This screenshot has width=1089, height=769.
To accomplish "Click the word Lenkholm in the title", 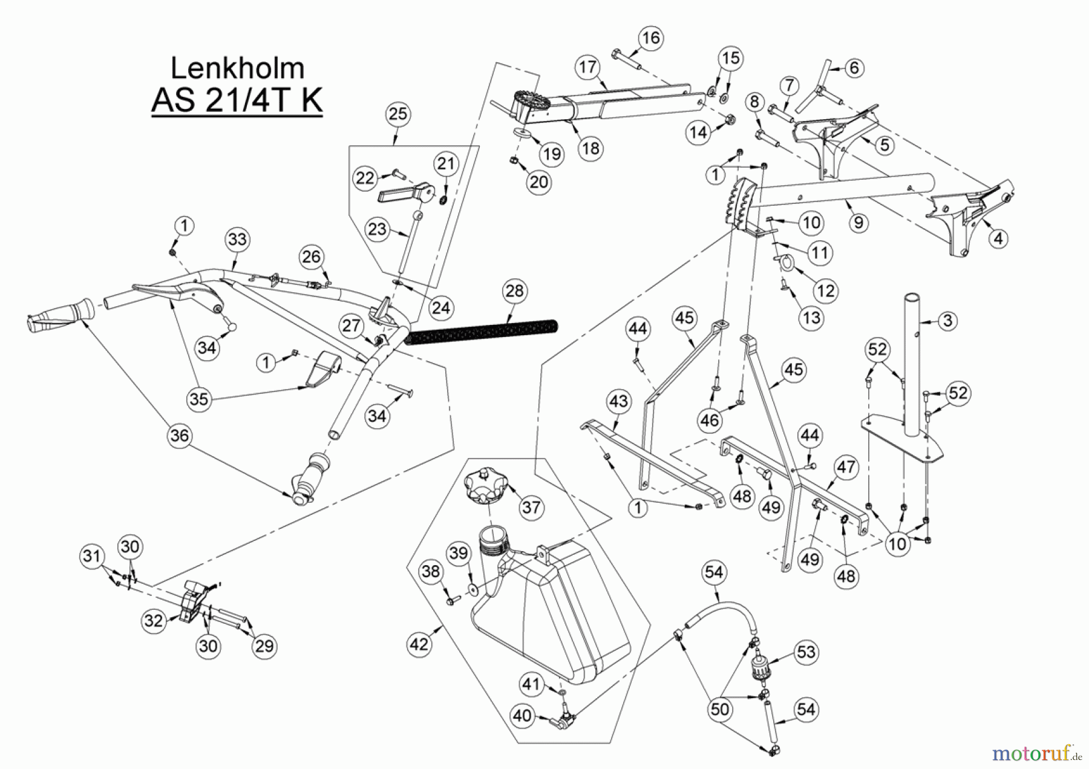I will (x=237, y=68).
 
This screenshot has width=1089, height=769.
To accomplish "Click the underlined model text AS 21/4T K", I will (x=237, y=100).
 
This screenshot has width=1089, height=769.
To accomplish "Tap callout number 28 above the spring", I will (x=514, y=291).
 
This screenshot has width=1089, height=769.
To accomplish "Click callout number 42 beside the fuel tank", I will (x=419, y=644).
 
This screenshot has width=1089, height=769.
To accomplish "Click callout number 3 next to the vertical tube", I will (x=947, y=321).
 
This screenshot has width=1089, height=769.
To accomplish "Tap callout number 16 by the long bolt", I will (x=651, y=38).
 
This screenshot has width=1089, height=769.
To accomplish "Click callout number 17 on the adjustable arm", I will (x=588, y=67).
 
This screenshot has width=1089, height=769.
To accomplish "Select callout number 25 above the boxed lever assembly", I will (x=398, y=114).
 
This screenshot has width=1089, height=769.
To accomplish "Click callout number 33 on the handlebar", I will (x=237, y=240).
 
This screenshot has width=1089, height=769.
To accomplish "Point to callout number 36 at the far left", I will (x=180, y=436).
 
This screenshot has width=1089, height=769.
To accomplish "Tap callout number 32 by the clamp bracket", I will (x=154, y=621).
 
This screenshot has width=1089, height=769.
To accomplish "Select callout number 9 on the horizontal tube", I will (x=858, y=223).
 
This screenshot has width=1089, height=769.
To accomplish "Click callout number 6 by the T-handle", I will (x=854, y=67).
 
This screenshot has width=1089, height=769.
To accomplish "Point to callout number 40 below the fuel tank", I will (x=522, y=716).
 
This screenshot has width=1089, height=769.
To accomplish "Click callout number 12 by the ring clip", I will (x=826, y=291).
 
